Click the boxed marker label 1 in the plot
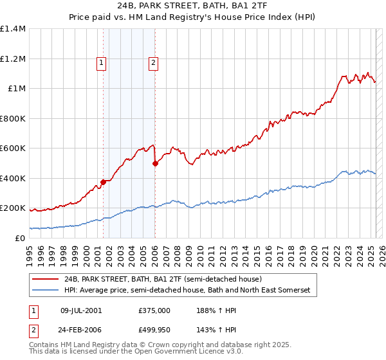coord(102,63)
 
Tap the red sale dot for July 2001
coord(103,182)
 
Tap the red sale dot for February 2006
coord(155,163)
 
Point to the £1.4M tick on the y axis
coord(13,29)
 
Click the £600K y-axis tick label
coord(13,148)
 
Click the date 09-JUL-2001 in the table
coord(81,310)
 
